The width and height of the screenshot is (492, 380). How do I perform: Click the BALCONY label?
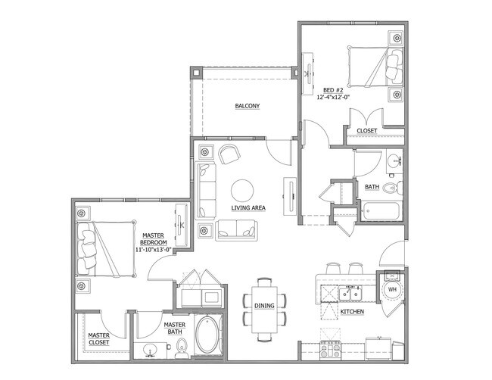pos(248,107)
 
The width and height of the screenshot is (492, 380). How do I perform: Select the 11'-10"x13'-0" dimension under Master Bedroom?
pos(156,249)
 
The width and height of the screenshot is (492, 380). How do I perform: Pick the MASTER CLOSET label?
pos(98,338)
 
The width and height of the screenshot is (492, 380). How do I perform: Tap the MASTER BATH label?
pos(175,329)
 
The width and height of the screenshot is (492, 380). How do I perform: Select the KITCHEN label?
pos(353,312)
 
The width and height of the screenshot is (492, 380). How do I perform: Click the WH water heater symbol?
pos(392,288)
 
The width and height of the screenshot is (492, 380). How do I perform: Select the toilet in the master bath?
pos(182,348)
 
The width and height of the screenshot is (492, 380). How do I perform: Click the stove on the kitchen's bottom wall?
pos(332,350)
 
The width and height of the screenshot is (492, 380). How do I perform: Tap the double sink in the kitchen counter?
pos(350,292)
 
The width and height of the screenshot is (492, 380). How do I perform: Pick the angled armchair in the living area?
pos(229,154)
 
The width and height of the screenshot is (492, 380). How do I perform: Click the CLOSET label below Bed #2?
pos(366,131)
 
